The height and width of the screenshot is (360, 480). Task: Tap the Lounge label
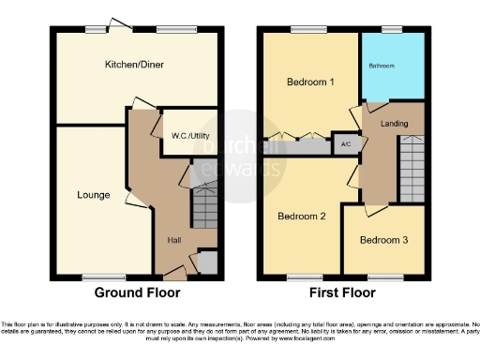pyautogui.click(x=94, y=195)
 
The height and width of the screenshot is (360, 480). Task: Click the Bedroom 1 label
pyautogui.click(x=310, y=82)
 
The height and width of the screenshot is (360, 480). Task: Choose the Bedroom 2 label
pyautogui.click(x=302, y=217)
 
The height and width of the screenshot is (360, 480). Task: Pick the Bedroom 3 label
pyautogui.click(x=384, y=239)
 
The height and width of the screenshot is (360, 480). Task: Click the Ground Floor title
pyautogui.click(x=138, y=292)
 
